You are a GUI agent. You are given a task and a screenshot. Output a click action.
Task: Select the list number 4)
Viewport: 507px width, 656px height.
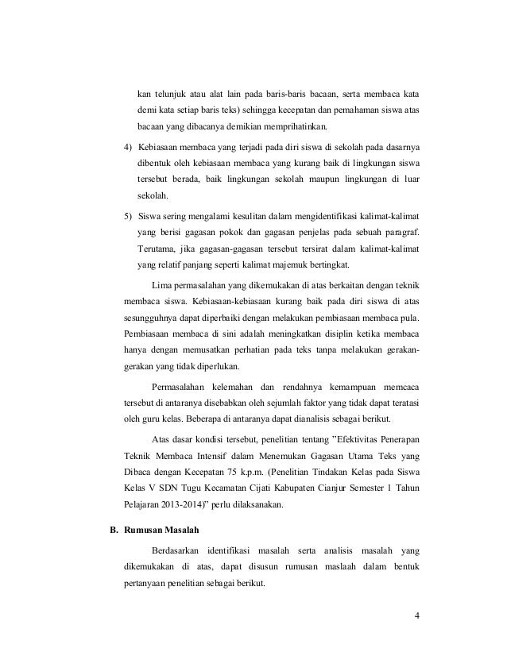129,148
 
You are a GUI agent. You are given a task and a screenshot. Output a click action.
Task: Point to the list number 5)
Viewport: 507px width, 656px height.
129,216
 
